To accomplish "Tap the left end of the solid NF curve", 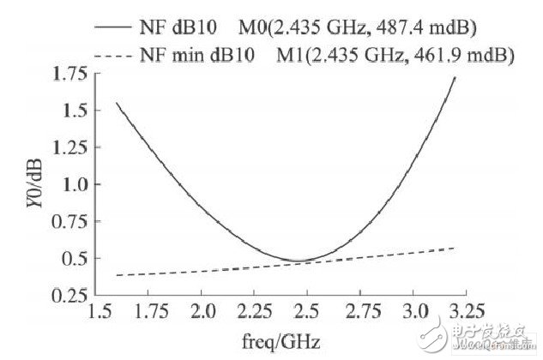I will point(117,103).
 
